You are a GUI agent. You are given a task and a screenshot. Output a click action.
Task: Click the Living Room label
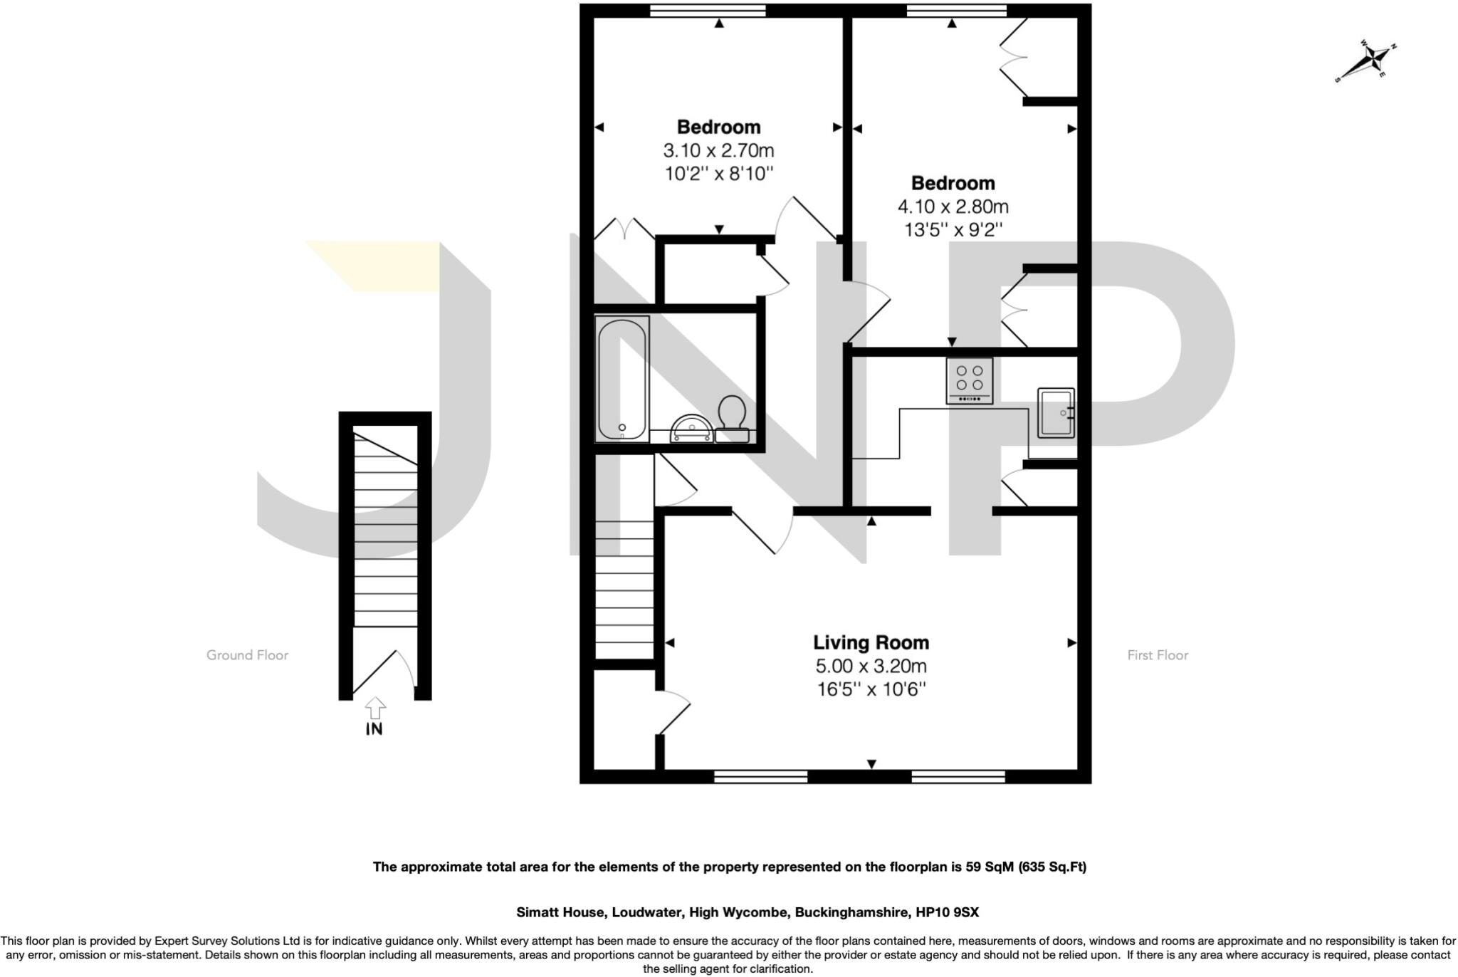(871, 642)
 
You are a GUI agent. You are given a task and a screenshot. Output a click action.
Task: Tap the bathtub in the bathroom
(622, 379)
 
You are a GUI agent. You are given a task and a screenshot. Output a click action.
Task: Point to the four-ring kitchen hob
(969, 381)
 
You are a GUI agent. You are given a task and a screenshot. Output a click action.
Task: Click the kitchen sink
(1056, 412)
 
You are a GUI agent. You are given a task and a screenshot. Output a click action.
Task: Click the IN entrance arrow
(374, 709)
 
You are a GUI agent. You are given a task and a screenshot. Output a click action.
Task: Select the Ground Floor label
(247, 655)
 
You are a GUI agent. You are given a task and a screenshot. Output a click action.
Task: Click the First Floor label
(1158, 655)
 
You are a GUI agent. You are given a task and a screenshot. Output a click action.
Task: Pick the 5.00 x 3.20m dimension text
(871, 667)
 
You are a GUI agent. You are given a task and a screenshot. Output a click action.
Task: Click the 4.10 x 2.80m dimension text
(953, 207)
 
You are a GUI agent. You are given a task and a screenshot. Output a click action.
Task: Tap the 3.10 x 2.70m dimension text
(718, 151)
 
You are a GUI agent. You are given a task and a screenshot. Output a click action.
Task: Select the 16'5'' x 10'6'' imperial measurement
(871, 689)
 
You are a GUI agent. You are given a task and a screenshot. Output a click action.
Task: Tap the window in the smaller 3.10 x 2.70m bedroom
(708, 10)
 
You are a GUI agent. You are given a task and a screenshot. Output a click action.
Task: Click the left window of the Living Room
(760, 776)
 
